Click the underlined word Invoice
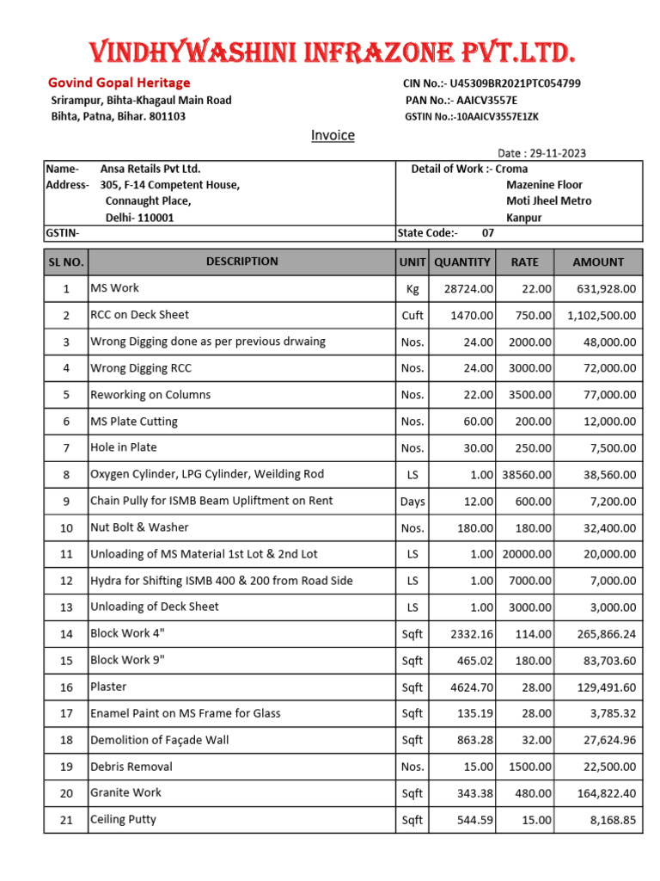(x=333, y=135)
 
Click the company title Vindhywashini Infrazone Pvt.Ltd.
(x=332, y=53)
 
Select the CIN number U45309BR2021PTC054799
(x=515, y=83)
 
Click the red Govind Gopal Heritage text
(x=119, y=83)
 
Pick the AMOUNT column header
(x=598, y=262)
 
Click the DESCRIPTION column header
(x=241, y=262)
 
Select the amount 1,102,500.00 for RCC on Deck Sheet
(x=602, y=316)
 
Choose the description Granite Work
(x=125, y=792)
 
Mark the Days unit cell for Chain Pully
(x=412, y=501)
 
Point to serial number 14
(x=66, y=634)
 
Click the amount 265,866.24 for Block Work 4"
(x=601, y=634)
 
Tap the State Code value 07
(x=488, y=232)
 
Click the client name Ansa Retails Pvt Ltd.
(x=150, y=169)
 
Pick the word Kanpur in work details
(x=523, y=218)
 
